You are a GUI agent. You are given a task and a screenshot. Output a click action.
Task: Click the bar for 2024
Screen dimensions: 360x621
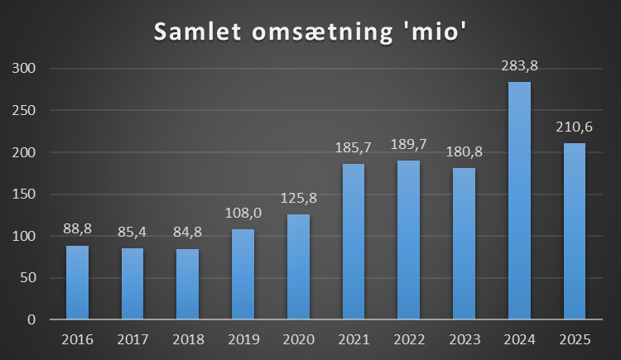click(519, 200)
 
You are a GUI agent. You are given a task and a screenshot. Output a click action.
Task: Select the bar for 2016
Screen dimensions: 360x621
click(77, 282)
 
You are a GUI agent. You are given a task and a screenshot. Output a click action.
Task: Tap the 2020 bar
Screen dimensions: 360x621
click(298, 266)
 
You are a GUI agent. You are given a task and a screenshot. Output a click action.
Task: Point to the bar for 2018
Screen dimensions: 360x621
click(188, 284)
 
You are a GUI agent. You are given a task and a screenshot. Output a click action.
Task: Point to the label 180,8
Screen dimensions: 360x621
click(464, 155)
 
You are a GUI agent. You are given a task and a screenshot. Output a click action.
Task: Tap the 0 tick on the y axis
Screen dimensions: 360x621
click(31, 319)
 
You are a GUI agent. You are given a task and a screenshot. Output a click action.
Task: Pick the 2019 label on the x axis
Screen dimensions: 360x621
click(243, 340)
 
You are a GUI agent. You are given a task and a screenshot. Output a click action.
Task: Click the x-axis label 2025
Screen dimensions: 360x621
click(574, 340)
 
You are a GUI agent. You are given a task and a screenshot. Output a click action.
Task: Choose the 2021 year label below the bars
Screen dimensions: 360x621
click(354, 340)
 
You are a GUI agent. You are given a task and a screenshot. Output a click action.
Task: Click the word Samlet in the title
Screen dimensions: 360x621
click(200, 34)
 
